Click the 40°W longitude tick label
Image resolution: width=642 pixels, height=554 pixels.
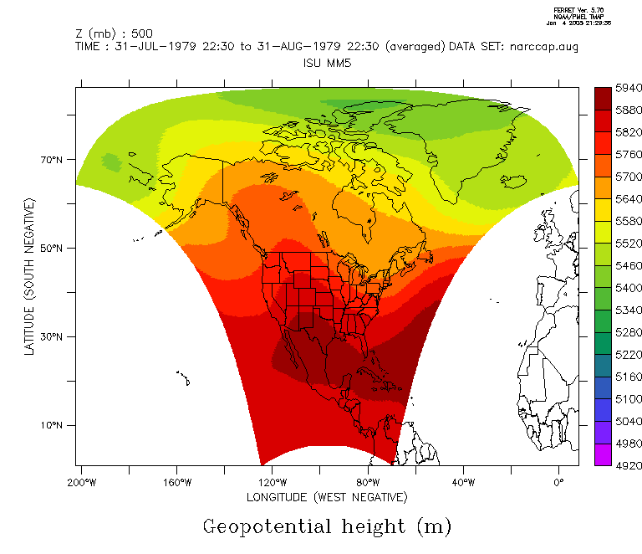tap(464, 482)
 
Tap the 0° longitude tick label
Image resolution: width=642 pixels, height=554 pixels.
tap(559, 482)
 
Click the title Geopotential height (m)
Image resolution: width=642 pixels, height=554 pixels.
tap(327, 526)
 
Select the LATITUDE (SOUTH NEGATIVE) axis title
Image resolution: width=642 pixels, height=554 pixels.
tap(30, 277)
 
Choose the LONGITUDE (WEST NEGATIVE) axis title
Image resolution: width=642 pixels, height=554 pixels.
tap(327, 497)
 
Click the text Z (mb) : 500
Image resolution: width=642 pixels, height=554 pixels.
tap(114, 33)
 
